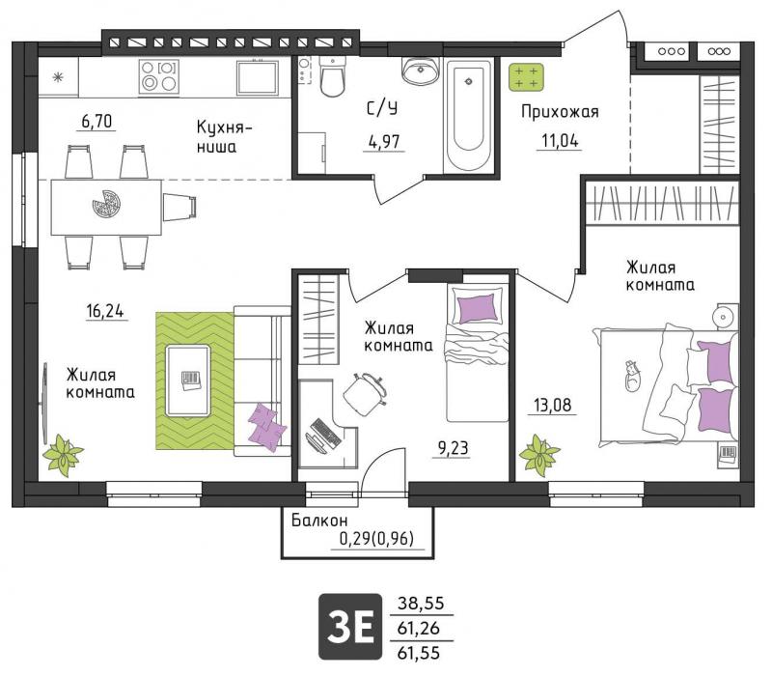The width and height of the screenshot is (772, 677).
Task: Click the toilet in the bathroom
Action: (x=332, y=76)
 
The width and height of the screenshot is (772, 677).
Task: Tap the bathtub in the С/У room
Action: (x=468, y=116)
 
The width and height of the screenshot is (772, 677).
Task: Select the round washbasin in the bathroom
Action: (x=421, y=70)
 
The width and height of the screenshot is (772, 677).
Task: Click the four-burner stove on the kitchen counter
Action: (x=158, y=76)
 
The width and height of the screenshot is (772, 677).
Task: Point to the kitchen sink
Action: (x=257, y=77)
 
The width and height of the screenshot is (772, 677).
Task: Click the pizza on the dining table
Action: (x=106, y=204)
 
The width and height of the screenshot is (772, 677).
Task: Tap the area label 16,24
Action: (x=105, y=311)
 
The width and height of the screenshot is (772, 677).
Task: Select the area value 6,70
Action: (x=97, y=122)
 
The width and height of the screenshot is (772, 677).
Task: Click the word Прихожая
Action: (x=560, y=112)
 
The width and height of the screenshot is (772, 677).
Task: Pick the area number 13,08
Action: (x=553, y=405)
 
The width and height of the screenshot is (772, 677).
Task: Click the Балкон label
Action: (x=319, y=520)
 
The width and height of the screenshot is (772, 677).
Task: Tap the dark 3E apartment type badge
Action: (x=350, y=626)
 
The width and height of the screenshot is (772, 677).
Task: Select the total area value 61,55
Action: (x=419, y=654)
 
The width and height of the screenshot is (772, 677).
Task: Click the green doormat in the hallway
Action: (x=526, y=77)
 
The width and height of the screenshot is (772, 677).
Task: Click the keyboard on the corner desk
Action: (x=326, y=432)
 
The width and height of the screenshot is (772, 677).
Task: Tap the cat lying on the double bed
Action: (x=631, y=376)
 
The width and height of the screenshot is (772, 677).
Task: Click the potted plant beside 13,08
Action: (x=539, y=454)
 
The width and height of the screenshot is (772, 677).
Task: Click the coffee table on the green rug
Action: (x=187, y=380)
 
